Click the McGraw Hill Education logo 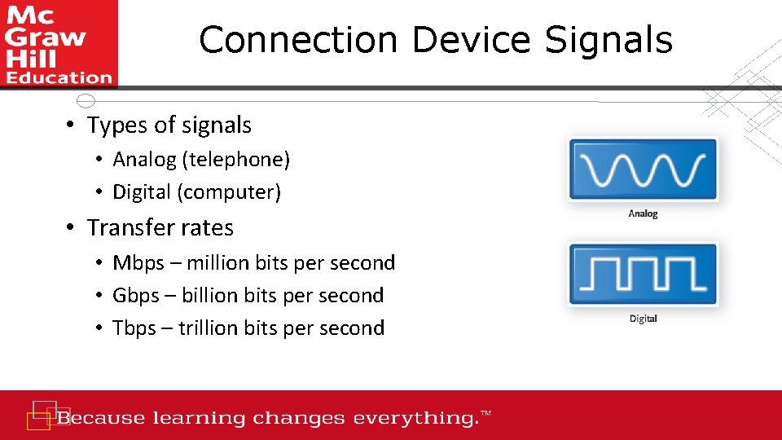pos(59,43)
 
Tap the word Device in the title pos(473,40)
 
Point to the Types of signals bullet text pos(169,125)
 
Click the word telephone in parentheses pos(235,160)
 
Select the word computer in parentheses pos(236,192)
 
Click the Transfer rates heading pos(160,228)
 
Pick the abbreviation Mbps pos(138,263)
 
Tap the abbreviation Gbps pos(136,296)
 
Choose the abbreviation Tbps pos(134,328)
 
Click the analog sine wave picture pos(643,169)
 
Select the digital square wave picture pos(643,275)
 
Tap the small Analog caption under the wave pos(643,213)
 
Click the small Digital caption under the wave pos(643,319)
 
